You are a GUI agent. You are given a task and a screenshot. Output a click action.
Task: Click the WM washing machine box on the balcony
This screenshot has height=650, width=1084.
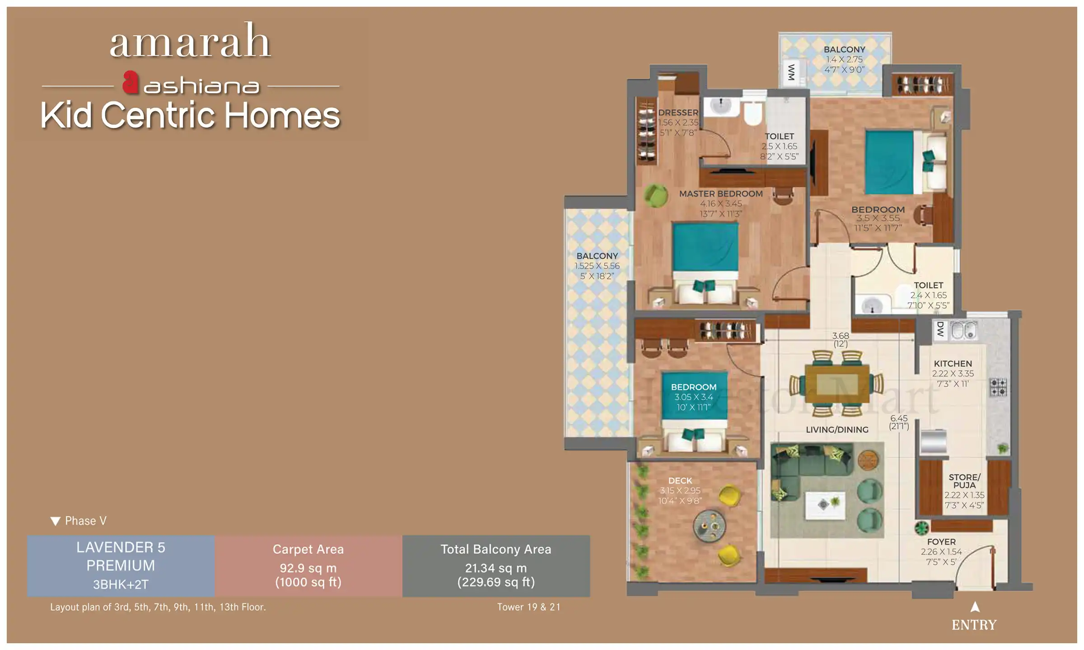click(791, 72)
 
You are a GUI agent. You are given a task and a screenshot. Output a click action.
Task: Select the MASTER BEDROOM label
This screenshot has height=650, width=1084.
click(721, 194)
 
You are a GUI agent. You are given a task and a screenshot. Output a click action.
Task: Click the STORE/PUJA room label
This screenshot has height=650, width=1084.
click(964, 481)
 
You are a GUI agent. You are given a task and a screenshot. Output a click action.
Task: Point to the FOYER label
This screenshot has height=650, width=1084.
click(941, 542)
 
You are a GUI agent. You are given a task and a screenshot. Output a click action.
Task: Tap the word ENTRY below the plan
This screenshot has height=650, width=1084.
click(974, 625)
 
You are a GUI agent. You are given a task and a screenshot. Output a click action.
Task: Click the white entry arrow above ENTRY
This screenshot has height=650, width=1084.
click(975, 607)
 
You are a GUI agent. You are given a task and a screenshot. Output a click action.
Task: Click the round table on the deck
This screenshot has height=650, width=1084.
click(710, 526)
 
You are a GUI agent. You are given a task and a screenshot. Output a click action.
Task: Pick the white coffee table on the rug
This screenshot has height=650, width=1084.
click(825, 505)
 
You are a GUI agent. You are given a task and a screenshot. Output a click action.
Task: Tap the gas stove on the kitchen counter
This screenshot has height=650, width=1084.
click(998, 387)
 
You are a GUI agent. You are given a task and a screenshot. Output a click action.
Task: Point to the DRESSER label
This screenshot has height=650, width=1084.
click(678, 112)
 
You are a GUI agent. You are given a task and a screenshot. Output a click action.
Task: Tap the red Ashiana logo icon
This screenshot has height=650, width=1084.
click(131, 82)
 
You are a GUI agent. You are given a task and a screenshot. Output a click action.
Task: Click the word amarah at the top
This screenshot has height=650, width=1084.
click(190, 42)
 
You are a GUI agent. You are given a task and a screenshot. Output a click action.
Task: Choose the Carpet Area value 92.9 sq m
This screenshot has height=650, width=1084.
click(308, 568)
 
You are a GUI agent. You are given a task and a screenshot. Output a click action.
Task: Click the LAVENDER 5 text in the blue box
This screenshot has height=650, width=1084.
click(121, 548)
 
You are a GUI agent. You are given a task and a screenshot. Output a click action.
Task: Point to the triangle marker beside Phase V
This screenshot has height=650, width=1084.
click(55, 521)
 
